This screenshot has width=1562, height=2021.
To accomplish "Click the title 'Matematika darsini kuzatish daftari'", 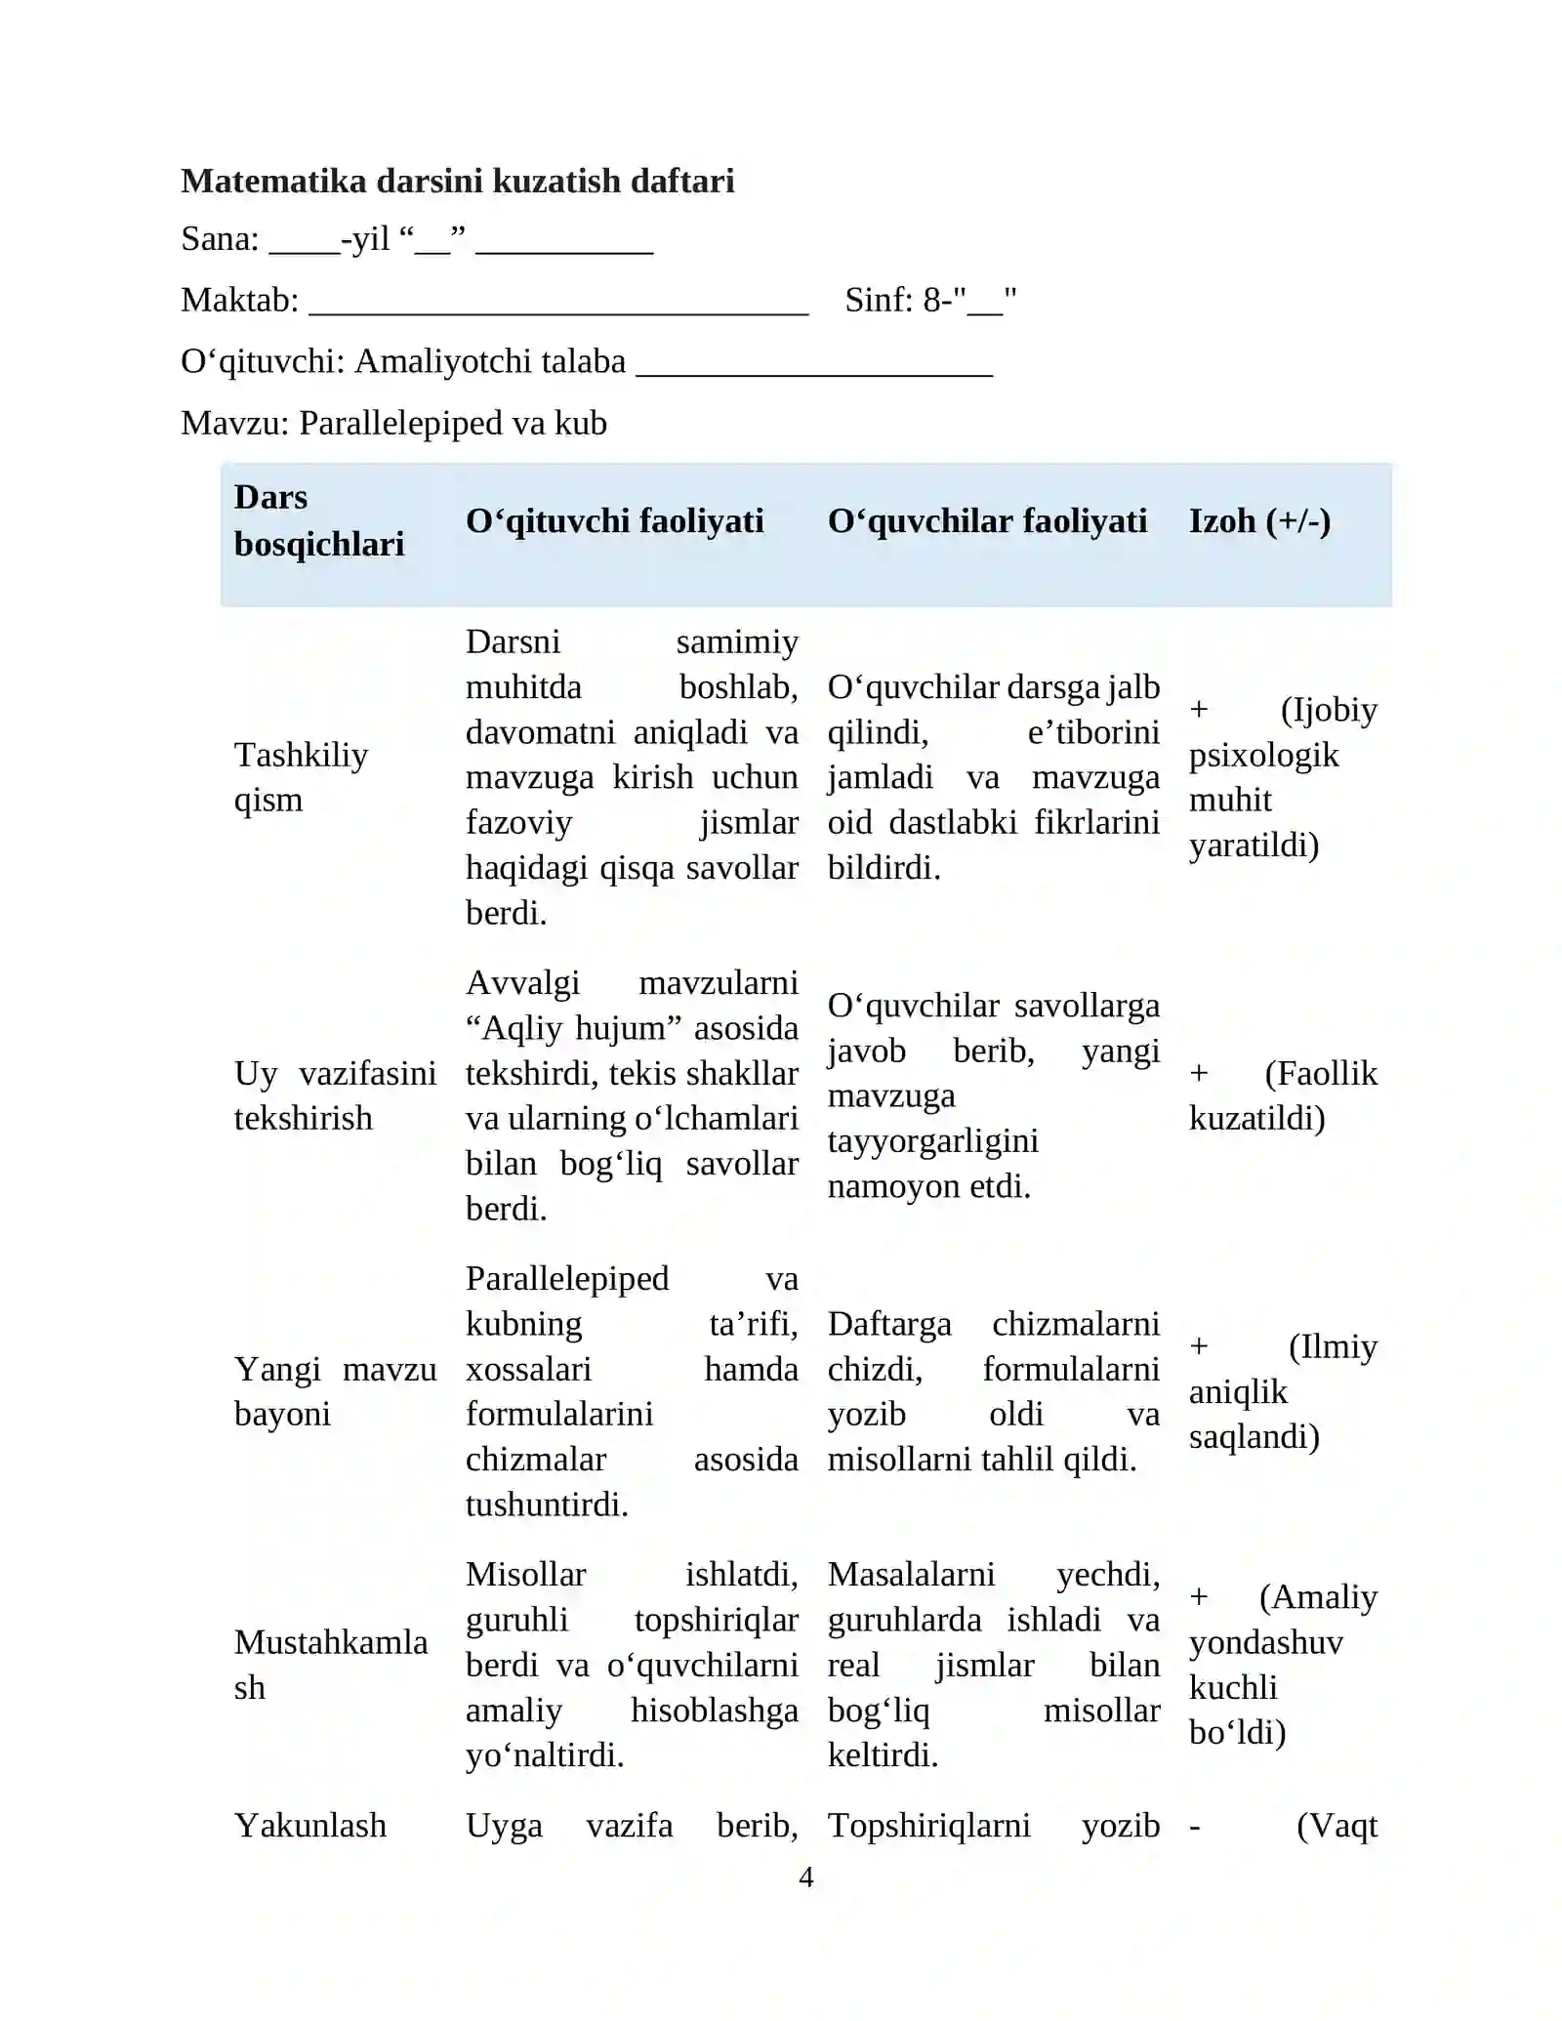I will (457, 182).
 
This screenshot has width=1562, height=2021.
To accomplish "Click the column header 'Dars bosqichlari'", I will (318, 520).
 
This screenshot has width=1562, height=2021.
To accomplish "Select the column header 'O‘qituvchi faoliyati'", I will (614, 521).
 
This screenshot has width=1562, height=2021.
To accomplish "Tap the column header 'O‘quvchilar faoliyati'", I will (987, 521).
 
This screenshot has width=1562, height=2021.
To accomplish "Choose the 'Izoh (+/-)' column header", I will (1259, 521).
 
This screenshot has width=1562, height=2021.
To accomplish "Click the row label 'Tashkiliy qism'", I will (301, 777).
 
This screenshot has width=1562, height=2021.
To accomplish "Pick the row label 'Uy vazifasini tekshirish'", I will (334, 1095).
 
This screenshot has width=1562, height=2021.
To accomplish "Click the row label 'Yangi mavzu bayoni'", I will (334, 1391).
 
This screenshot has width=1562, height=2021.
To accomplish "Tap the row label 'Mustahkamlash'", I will (330, 1665).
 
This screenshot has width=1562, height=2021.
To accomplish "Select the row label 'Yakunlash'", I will (310, 1826).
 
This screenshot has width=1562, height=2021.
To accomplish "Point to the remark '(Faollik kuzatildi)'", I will (1282, 1095).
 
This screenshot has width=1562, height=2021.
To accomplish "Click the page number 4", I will (805, 1877).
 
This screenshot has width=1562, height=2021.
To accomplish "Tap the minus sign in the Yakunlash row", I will (1195, 1827).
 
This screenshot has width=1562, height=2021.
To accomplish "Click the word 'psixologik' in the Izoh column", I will (1263, 755).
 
